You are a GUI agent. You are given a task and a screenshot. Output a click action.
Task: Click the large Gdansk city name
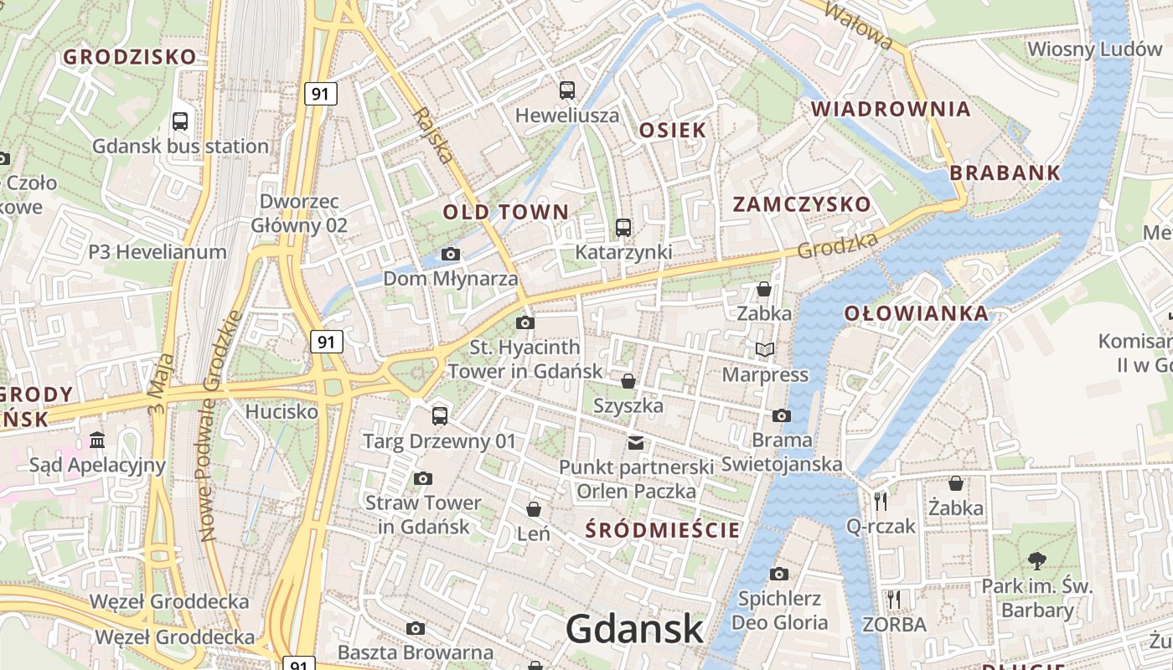click(x=634, y=629)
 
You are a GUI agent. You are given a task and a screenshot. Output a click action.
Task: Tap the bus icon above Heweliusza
click(x=567, y=90)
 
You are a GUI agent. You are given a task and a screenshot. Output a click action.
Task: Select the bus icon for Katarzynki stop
click(x=623, y=227)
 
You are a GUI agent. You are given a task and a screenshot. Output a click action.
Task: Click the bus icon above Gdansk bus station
click(x=180, y=121)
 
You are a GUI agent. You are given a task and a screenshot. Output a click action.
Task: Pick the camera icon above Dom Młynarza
click(x=451, y=254)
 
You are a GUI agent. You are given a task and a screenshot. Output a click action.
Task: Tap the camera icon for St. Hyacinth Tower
click(x=525, y=322)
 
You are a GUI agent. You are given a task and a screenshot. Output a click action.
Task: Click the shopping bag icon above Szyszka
click(x=628, y=381)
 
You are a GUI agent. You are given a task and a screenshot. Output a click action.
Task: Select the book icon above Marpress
click(x=765, y=349)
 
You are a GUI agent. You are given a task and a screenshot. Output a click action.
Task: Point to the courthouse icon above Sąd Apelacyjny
click(x=97, y=440)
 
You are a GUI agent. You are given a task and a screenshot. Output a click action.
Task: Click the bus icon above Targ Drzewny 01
click(x=440, y=415)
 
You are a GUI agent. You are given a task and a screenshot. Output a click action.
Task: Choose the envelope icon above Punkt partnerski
click(x=636, y=442)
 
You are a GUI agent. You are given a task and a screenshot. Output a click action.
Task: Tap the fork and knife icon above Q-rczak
click(x=880, y=501)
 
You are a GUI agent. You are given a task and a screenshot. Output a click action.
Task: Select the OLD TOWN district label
click(x=506, y=212)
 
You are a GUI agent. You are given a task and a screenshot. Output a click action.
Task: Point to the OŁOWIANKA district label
click(x=916, y=314)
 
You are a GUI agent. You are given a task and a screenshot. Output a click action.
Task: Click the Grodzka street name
click(x=838, y=245)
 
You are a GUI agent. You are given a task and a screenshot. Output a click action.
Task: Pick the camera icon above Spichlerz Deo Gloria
click(x=779, y=574)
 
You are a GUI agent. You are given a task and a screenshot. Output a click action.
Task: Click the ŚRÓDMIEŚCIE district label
click(x=663, y=529)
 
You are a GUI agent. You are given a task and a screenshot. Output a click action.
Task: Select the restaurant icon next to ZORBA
click(x=894, y=599)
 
